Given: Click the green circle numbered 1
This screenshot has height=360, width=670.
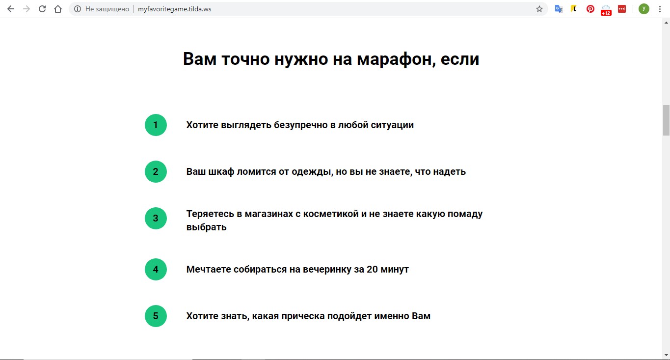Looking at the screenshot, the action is (156, 125).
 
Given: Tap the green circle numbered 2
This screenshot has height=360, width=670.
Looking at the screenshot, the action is (156, 171).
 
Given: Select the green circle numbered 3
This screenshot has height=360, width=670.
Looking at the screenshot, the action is (156, 218).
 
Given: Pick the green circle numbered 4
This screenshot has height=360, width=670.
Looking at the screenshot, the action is (156, 269).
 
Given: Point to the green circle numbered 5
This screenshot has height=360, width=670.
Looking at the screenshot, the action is (156, 316).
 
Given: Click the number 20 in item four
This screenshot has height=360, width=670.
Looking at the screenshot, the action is (373, 269).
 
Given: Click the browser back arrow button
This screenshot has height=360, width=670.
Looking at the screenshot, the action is (10, 9).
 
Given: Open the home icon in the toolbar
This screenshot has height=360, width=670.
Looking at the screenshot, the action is (58, 9).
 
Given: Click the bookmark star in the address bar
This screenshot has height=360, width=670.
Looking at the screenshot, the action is (539, 9).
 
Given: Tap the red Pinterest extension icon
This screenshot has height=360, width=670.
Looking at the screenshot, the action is (590, 9).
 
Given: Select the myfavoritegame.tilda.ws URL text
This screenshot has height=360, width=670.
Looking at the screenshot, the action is (174, 9).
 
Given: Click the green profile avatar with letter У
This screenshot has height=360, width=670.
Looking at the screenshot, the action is (643, 9).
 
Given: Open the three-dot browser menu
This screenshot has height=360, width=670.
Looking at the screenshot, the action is (660, 9).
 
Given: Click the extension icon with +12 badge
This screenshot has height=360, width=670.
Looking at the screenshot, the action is (606, 10).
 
